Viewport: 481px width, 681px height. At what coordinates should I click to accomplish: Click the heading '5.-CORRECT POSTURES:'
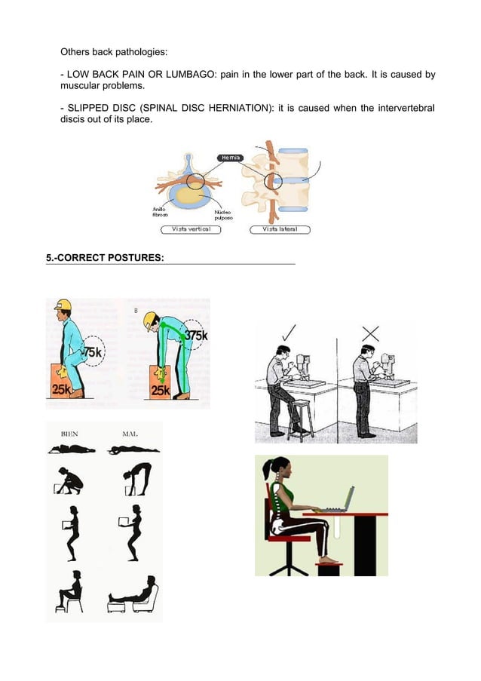pyautogui.click(x=105, y=258)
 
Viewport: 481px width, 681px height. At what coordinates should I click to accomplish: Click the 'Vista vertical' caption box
pyautogui.click(x=190, y=229)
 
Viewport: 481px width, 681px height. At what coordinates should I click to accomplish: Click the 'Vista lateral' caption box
pyautogui.click(x=279, y=229)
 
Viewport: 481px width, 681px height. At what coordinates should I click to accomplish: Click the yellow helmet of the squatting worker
pyautogui.click(x=63, y=305)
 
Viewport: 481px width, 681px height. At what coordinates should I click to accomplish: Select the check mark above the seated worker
pyautogui.click(x=289, y=333)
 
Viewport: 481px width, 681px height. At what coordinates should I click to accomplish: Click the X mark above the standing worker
pyautogui.click(x=370, y=333)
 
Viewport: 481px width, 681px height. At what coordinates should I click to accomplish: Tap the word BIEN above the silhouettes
pyautogui.click(x=69, y=434)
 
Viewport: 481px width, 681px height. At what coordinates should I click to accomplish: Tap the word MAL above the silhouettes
pyautogui.click(x=129, y=434)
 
